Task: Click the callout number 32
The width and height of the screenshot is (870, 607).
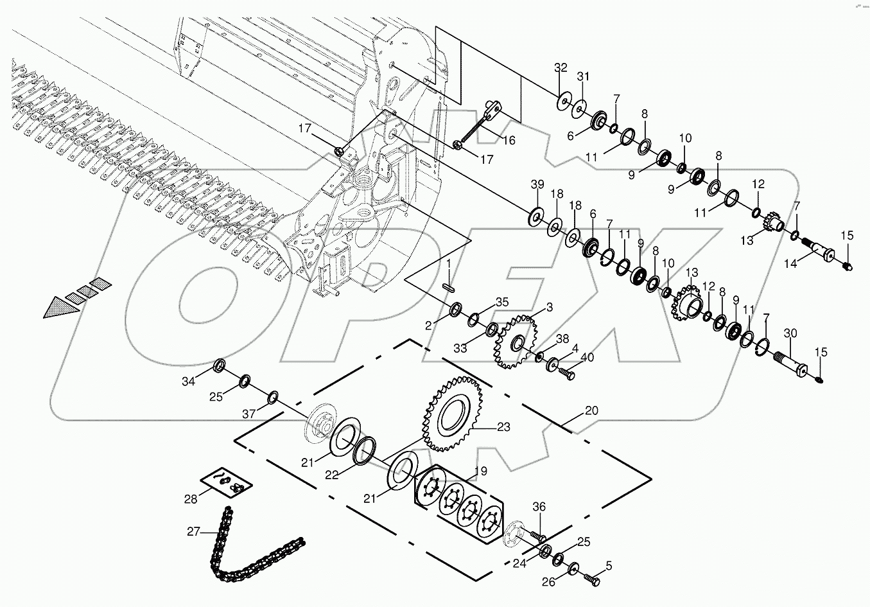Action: point(561,67)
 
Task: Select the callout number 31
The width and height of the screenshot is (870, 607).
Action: point(583,76)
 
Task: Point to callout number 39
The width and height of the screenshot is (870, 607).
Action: point(537,184)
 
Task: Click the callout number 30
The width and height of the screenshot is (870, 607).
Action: point(790,333)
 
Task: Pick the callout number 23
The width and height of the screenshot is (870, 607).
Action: point(503,427)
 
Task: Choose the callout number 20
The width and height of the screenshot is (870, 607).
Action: point(591,410)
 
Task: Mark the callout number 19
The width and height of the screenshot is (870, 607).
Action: point(480,471)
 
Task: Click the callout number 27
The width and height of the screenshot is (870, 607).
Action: point(194,531)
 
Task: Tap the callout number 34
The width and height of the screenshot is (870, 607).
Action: point(187,382)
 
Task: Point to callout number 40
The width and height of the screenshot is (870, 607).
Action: point(587,358)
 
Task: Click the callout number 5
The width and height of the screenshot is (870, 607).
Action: point(609,566)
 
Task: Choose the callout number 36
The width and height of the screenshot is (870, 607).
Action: point(539,507)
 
